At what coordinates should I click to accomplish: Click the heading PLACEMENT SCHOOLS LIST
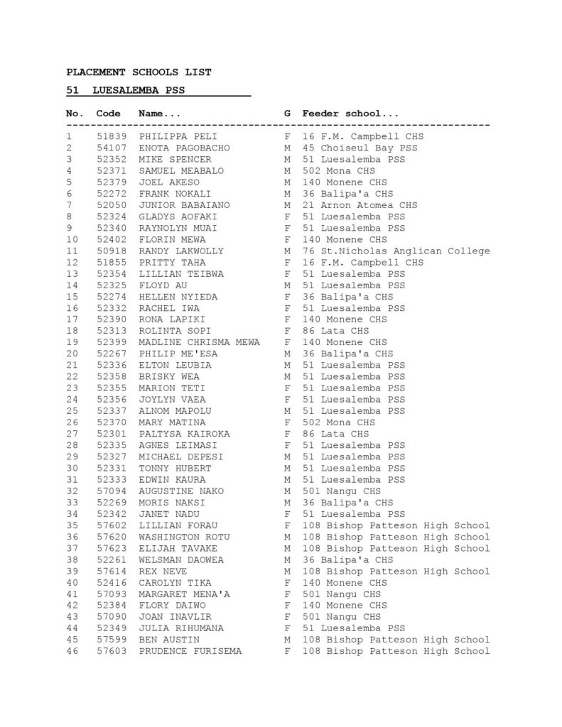click(139, 72)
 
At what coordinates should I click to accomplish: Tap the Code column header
click(108, 114)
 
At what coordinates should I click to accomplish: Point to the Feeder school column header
click(350, 114)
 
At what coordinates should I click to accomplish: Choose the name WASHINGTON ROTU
click(183, 537)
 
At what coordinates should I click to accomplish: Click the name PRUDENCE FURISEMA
click(190, 651)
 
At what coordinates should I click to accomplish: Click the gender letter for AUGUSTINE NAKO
click(287, 491)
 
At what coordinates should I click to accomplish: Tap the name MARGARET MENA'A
click(183, 594)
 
